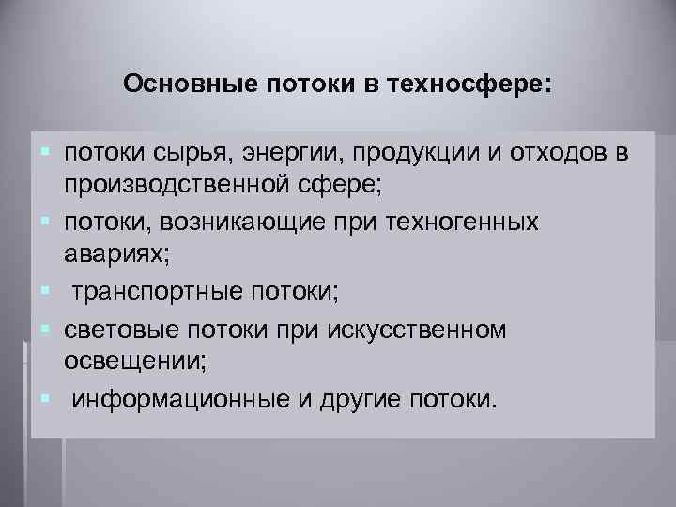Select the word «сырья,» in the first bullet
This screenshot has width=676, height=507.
pyautogui.click(x=198, y=153)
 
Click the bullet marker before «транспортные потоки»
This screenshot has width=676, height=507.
pyautogui.click(x=45, y=292)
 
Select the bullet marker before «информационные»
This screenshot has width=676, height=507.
pyautogui.click(x=45, y=400)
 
